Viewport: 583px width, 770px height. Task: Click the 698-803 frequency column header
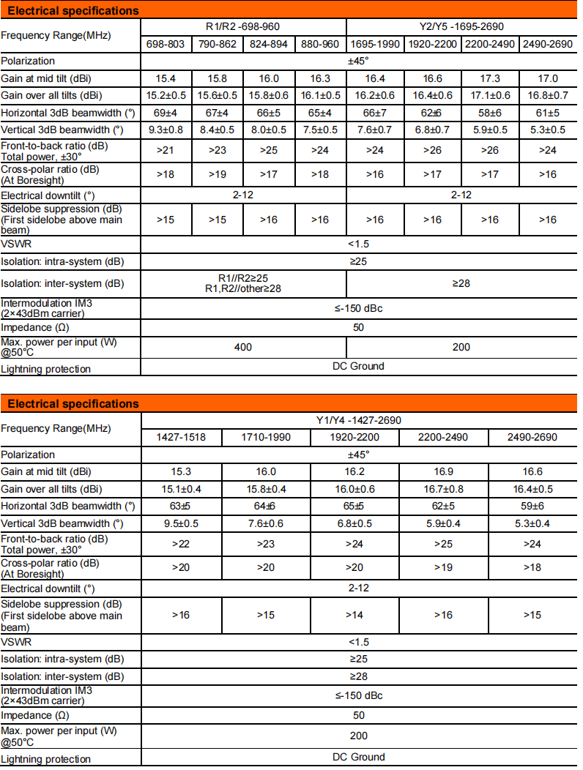tap(166, 44)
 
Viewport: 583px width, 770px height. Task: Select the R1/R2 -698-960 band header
tap(243, 27)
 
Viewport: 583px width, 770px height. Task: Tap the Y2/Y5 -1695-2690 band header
tap(461, 27)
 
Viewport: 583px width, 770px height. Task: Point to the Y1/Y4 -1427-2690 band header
tap(359, 421)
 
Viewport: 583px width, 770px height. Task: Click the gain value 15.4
tap(166, 78)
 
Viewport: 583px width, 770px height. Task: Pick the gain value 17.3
tap(490, 78)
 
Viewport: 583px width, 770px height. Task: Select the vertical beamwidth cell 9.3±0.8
tap(166, 130)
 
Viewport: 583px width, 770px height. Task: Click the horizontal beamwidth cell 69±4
tap(166, 113)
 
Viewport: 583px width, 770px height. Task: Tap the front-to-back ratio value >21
tap(166, 151)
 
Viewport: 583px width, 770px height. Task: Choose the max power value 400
tap(243, 347)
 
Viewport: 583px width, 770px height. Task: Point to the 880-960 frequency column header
tap(320, 44)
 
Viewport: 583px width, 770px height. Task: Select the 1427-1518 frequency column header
tap(181, 438)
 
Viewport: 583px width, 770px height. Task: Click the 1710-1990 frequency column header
tap(267, 438)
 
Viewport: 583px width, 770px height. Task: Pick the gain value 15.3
tap(181, 472)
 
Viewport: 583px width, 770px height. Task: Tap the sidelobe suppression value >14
tap(354, 615)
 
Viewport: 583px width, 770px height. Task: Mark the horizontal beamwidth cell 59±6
tap(532, 507)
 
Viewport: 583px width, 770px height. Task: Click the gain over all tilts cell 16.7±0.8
tap(444, 490)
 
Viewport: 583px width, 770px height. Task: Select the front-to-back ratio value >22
tap(181, 544)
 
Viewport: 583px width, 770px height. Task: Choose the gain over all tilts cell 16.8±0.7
tap(548, 96)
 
